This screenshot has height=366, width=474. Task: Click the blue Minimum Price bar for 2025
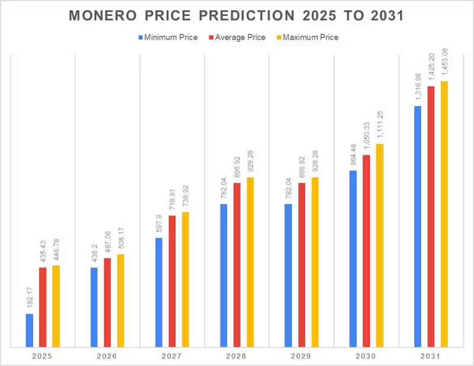click(x=30, y=330)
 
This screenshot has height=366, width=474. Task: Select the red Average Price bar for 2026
click(x=107, y=302)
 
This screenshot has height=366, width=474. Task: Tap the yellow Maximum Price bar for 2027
click(x=185, y=279)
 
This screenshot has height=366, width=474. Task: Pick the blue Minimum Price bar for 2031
click(x=418, y=226)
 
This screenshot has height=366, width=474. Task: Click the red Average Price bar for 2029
click(x=302, y=265)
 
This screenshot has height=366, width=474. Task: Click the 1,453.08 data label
click(x=444, y=61)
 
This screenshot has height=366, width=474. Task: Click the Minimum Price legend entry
click(x=168, y=37)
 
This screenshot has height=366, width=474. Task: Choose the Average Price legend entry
click(x=239, y=37)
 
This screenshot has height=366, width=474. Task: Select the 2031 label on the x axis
click(x=431, y=357)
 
